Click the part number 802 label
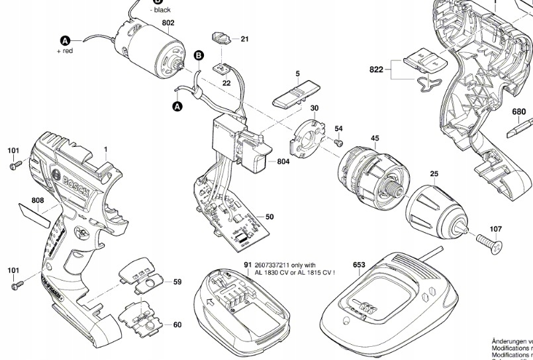point(168,23)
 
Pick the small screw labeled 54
point(338,141)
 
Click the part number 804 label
point(283,161)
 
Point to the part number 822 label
point(377,69)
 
